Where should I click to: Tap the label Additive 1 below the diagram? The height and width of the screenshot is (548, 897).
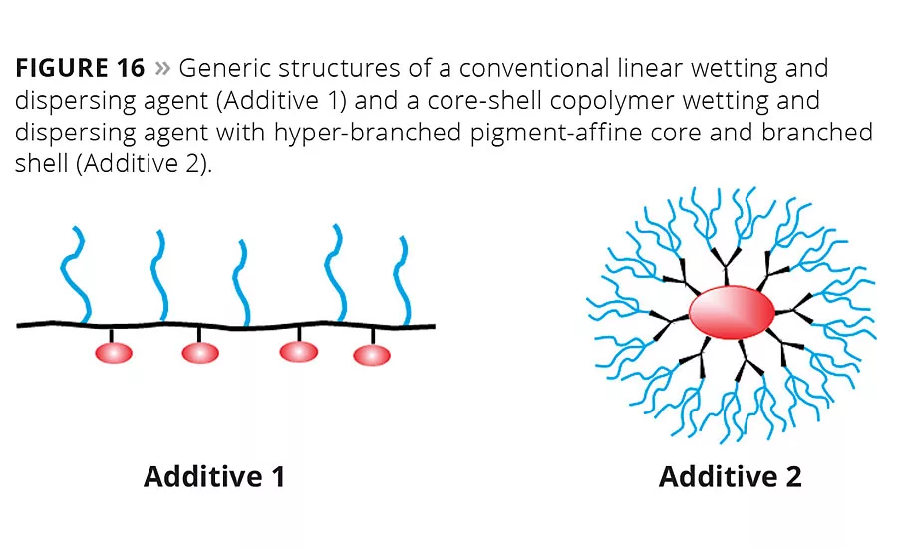[214, 476]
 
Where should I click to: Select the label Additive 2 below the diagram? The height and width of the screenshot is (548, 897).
[730, 476]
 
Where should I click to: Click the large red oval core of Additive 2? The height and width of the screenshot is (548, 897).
[732, 312]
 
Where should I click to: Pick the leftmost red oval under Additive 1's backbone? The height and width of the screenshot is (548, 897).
[114, 352]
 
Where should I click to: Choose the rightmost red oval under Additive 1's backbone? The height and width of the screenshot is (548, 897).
[372, 354]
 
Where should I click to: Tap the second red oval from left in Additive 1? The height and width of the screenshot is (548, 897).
[200, 352]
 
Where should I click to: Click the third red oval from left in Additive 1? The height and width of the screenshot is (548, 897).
[299, 351]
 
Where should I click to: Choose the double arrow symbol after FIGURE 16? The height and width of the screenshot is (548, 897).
[163, 69]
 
